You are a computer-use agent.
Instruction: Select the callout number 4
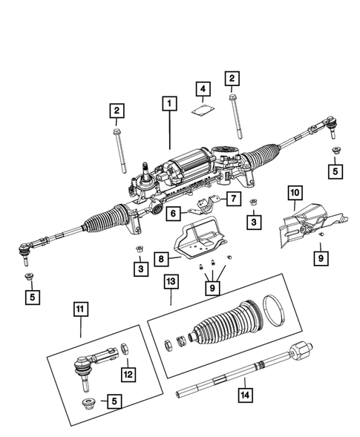(x=201, y=90)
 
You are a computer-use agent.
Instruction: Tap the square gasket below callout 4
(x=201, y=112)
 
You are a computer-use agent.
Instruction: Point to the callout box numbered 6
(x=172, y=214)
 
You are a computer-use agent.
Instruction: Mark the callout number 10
(x=295, y=193)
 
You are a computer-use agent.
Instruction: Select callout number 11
(x=79, y=308)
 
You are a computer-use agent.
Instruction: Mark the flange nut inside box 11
(x=86, y=402)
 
